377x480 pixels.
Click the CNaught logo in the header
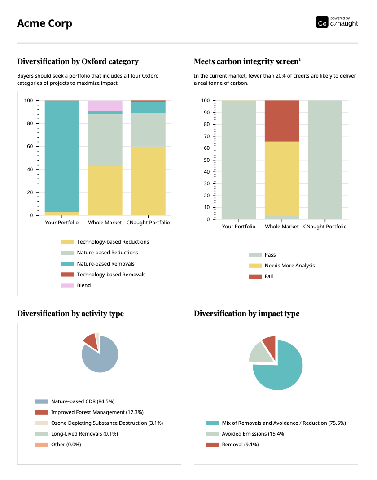pyautogui.click(x=337, y=22)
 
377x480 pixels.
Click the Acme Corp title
pyautogui.click(x=44, y=23)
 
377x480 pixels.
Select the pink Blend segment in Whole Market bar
pyautogui.click(x=105, y=105)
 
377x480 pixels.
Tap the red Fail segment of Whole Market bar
pyautogui.click(x=282, y=121)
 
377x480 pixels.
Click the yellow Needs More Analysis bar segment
pyautogui.click(x=282, y=179)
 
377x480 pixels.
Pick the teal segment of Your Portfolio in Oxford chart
pyautogui.click(x=62, y=156)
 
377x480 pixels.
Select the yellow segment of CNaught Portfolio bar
pyautogui.click(x=148, y=181)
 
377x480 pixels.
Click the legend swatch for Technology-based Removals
pyautogui.click(x=67, y=275)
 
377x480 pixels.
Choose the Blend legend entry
pyautogui.click(x=83, y=285)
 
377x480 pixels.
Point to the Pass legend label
pyautogui.click(x=270, y=255)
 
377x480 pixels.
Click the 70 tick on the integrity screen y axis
pyautogui.click(x=207, y=136)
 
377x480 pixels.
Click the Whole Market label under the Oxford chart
pyautogui.click(x=105, y=223)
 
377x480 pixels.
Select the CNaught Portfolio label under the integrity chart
pyautogui.click(x=325, y=227)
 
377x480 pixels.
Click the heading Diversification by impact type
pyautogui.click(x=246, y=314)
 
